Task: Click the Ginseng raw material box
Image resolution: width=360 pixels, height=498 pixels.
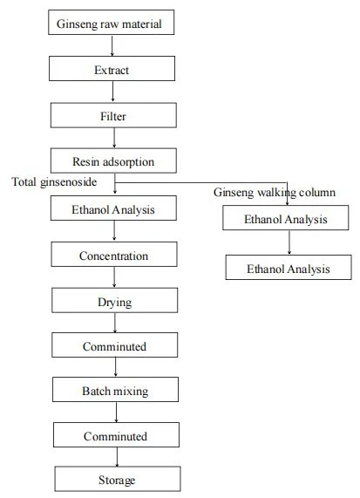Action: pyautogui.click(x=111, y=22)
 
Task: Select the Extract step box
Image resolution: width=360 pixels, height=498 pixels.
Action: pyautogui.click(x=112, y=68)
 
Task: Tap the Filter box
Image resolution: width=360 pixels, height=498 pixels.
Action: pyautogui.click(x=113, y=115)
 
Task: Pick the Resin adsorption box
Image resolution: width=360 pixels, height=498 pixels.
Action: pyautogui.click(x=113, y=160)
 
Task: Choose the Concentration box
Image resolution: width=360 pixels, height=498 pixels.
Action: pyautogui.click(x=114, y=254)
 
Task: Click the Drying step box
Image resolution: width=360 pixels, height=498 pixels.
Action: pyautogui.click(x=114, y=300)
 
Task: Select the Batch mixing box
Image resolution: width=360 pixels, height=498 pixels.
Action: pyautogui.click(x=115, y=389)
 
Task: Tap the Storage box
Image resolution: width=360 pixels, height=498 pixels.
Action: pyautogui.click(x=118, y=479)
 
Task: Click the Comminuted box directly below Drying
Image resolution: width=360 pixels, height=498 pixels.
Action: pyautogui.click(x=114, y=345)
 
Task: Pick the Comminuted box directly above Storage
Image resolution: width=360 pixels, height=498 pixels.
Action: pyautogui.click(x=116, y=435)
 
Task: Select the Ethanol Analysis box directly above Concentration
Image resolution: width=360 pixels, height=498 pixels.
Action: pyautogui.click(x=113, y=208)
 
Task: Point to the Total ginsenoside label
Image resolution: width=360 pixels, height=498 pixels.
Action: pyautogui.click(x=54, y=182)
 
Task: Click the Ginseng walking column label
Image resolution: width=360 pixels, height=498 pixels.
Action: pyautogui.click(x=275, y=193)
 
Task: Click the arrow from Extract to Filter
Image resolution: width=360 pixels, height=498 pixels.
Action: pyautogui.click(x=112, y=92)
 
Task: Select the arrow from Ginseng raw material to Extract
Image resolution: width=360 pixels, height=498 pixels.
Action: pyautogui.click(x=112, y=45)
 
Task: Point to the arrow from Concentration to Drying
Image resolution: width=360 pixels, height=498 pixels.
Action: pyautogui.click(x=114, y=277)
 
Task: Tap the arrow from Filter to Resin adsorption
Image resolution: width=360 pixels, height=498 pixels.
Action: pyautogui.click(x=114, y=138)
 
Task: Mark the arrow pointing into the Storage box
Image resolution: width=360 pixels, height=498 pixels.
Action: pyautogui.click(x=117, y=457)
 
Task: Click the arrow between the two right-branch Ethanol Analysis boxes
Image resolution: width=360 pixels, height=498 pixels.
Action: pyautogui.click(x=289, y=242)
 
